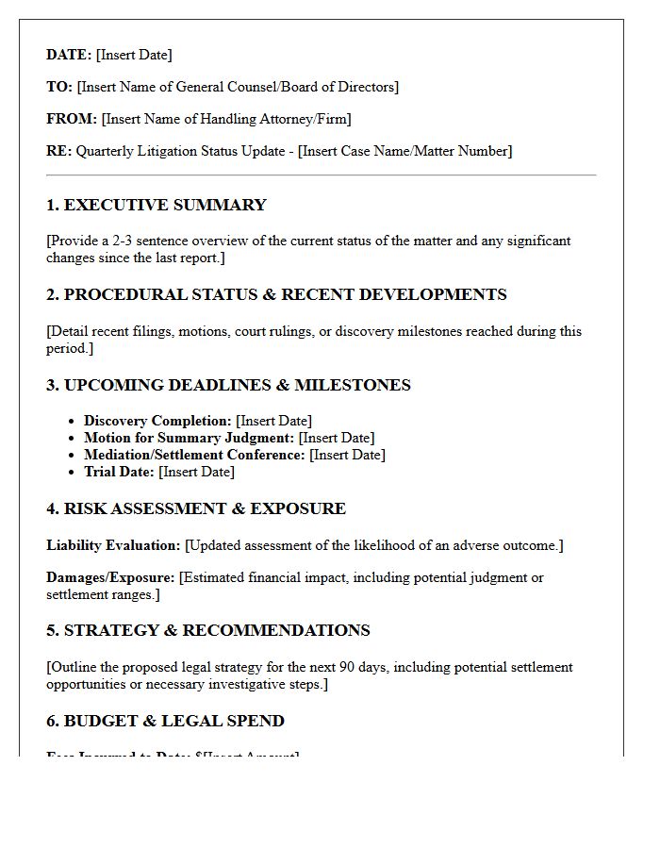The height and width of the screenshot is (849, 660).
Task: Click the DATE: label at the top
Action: tap(69, 55)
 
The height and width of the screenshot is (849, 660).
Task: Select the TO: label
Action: tap(59, 87)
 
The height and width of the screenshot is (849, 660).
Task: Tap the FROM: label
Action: tap(72, 119)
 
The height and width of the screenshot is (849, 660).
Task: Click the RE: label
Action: tap(58, 151)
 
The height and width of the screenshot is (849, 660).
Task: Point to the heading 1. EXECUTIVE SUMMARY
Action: tap(157, 205)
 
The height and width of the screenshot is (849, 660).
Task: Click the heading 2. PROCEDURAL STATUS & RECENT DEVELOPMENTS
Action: tap(276, 294)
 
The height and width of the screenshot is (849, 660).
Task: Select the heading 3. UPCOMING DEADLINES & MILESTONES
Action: tap(228, 385)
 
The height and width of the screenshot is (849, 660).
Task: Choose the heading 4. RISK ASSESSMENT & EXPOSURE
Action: tap(196, 508)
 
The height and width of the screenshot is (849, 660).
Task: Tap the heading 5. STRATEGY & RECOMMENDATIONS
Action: tap(208, 630)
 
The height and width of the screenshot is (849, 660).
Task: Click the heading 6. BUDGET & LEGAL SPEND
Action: tap(165, 721)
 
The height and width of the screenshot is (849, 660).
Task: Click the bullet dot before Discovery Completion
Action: tap(73, 422)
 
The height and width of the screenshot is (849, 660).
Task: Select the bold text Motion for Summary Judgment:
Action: tap(190, 438)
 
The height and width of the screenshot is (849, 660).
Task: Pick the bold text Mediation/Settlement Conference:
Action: tap(194, 455)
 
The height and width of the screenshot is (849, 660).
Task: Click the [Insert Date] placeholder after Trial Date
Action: tap(196, 472)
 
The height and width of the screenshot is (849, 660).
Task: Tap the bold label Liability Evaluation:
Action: tap(113, 545)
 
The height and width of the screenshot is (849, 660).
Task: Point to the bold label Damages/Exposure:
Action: tap(110, 577)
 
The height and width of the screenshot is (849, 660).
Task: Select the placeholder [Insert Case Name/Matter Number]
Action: tap(404, 151)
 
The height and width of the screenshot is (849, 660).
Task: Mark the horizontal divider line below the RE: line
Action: tap(321, 175)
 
